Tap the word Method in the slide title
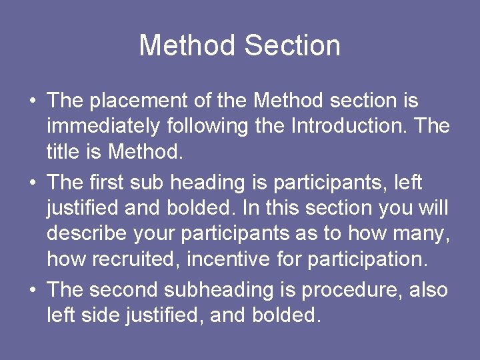(x=187, y=45)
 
